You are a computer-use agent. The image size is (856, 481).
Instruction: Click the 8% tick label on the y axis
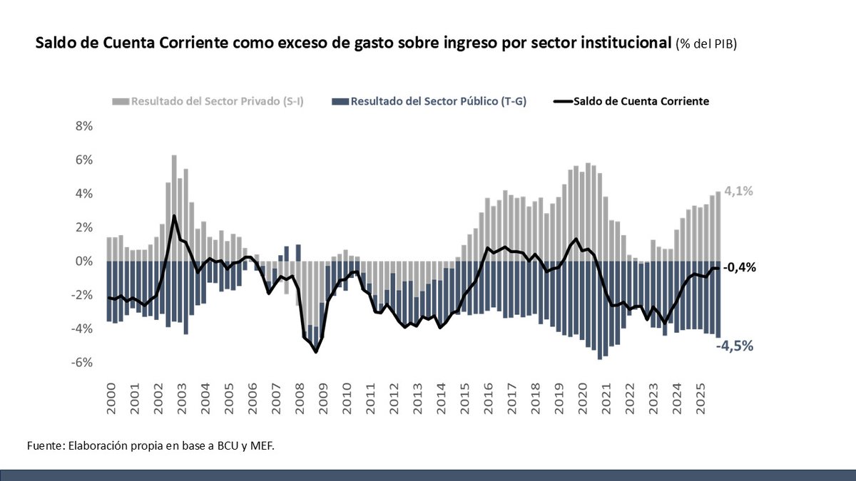point(84,126)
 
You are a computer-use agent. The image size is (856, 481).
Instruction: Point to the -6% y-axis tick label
point(83,363)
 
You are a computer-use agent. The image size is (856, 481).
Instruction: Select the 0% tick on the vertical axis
point(84,262)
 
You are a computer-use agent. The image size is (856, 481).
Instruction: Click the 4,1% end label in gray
point(739,191)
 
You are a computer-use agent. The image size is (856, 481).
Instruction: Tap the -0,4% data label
point(739,268)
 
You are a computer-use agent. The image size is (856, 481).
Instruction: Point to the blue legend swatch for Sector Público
point(341,101)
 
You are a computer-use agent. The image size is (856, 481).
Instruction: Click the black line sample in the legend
point(563,101)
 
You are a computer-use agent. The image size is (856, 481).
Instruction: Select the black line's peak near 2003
point(174,215)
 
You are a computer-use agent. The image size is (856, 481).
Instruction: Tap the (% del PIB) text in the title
point(706,45)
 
